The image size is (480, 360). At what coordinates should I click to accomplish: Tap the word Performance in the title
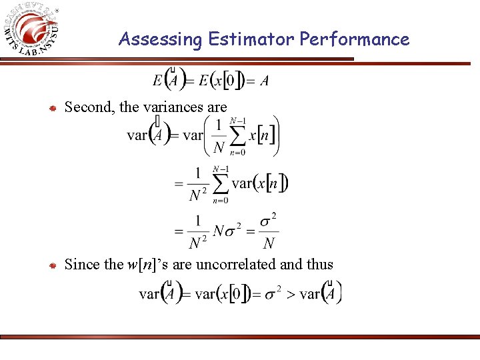[x=354, y=39]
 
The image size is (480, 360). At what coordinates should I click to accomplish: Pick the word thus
[x=320, y=265]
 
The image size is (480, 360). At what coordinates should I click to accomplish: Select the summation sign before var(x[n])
[x=219, y=183]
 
